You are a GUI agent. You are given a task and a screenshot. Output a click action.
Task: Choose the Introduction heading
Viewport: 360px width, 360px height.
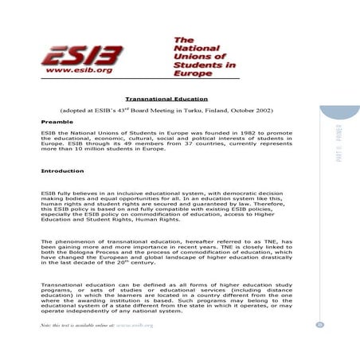62,171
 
